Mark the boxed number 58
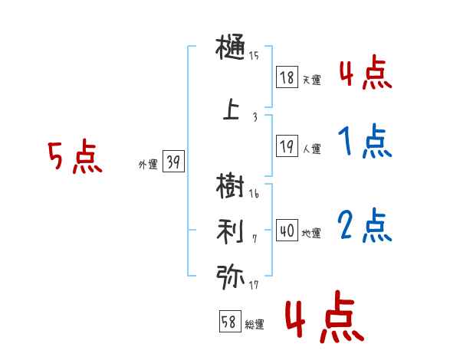(x=229, y=322)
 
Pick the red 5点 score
(x=74, y=158)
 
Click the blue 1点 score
(x=364, y=142)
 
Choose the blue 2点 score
(x=365, y=226)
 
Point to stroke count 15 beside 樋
(x=254, y=55)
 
